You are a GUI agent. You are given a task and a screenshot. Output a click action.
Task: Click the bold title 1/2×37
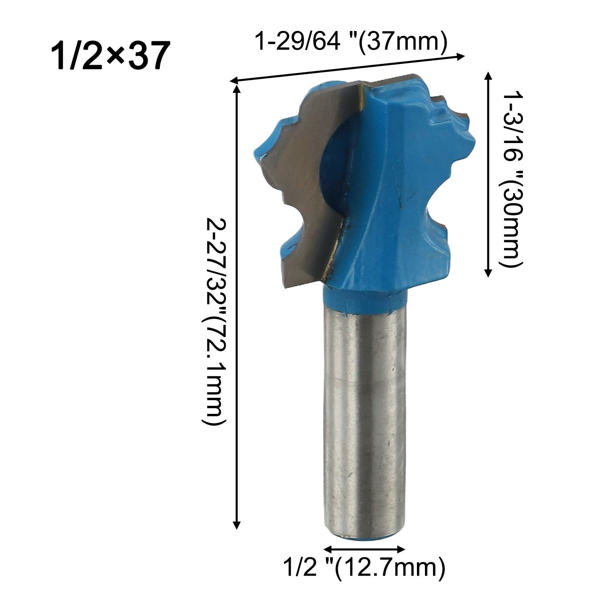click(111, 56)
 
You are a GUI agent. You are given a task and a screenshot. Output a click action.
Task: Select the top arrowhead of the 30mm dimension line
click(488, 75)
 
